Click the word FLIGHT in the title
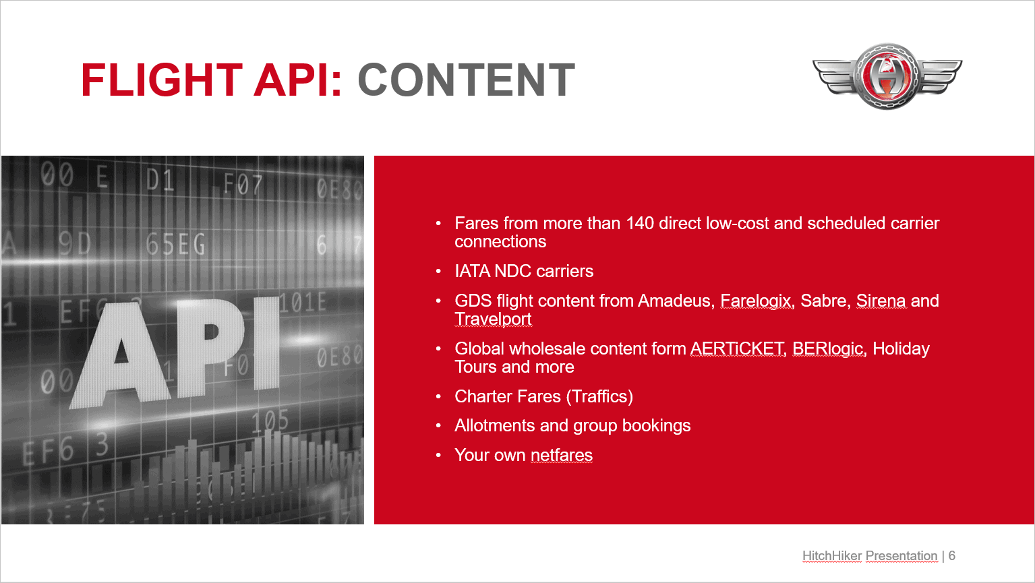pos(162,80)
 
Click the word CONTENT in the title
pos(466,80)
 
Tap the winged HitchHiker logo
pos(887,76)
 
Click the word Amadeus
pos(676,301)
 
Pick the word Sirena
pos(881,301)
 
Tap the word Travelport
pos(493,319)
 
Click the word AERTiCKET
pos(738,348)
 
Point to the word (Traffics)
pos(599,397)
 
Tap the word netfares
pos(562,456)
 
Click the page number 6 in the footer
pos(952,556)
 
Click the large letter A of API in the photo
pos(121,354)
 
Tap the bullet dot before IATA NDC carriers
pos(438,271)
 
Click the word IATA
pos(472,271)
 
